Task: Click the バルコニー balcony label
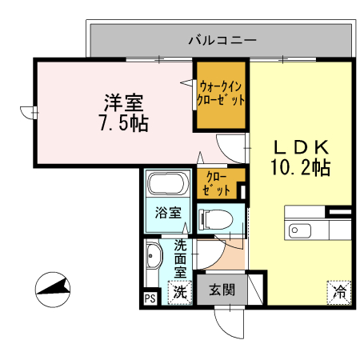[x=222, y=38]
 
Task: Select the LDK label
[x=302, y=147]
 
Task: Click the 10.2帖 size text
[x=302, y=168]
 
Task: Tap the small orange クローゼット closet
[x=217, y=184]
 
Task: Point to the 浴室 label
[x=167, y=214]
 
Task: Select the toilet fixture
[x=214, y=218]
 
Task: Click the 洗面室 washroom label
[x=180, y=258]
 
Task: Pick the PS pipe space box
[x=150, y=298]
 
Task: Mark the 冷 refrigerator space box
[x=339, y=293]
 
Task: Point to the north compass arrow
[x=53, y=287]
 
